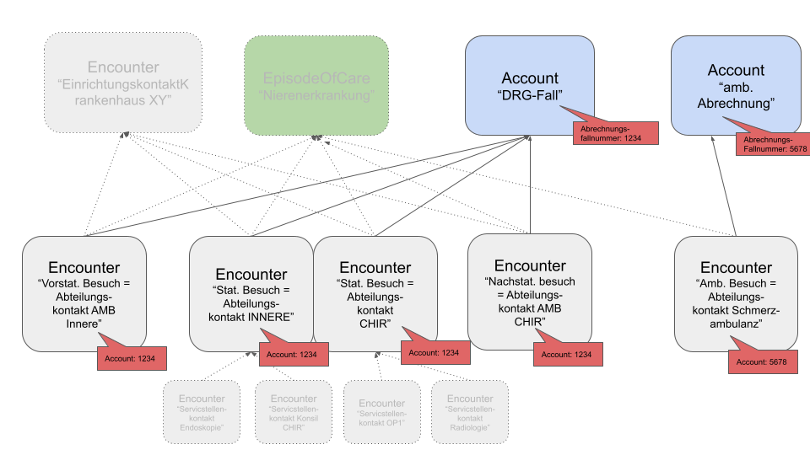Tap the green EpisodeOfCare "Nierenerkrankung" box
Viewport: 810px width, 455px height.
pos(316,85)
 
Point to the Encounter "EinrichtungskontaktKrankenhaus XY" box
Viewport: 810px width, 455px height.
pos(123,85)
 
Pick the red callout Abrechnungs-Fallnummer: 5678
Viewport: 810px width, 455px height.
pos(773,144)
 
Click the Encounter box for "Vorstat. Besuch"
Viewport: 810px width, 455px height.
pos(84,291)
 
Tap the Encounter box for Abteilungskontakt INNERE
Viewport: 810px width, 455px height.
pos(251,291)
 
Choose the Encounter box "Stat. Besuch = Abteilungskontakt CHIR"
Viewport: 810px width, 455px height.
pos(375,291)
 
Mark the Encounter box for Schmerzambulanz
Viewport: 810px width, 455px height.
pos(736,291)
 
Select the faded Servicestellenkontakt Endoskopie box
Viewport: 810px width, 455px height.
pos(202,411)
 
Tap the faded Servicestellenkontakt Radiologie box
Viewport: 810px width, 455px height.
pos(470,411)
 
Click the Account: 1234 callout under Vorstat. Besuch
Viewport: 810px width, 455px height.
pos(131,357)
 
